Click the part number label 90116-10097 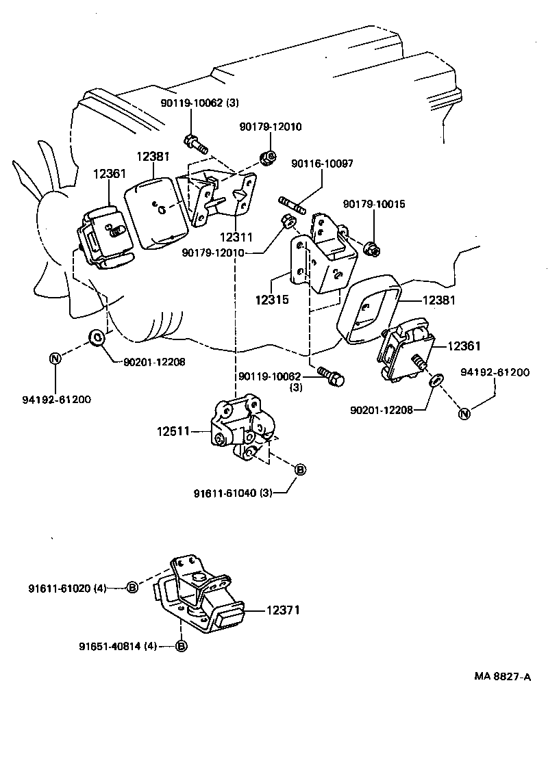322,164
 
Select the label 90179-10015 374,205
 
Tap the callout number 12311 237,237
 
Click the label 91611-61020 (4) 67,586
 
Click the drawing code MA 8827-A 503,677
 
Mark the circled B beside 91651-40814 182,645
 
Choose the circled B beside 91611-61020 134,586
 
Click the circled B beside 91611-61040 300,469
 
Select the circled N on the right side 464,413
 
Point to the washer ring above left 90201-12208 97,337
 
